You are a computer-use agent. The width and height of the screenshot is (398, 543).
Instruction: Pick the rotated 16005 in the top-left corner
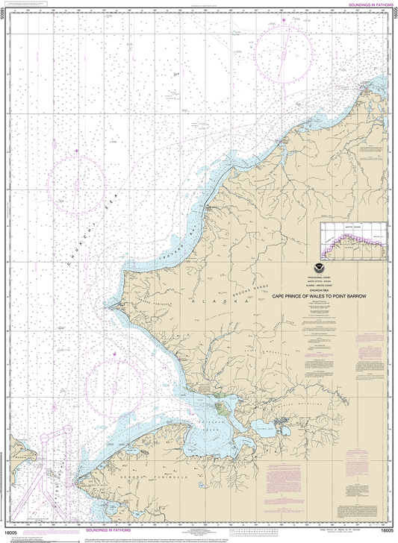click(4, 16)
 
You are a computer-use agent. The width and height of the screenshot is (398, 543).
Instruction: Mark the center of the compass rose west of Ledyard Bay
click(76, 179)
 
